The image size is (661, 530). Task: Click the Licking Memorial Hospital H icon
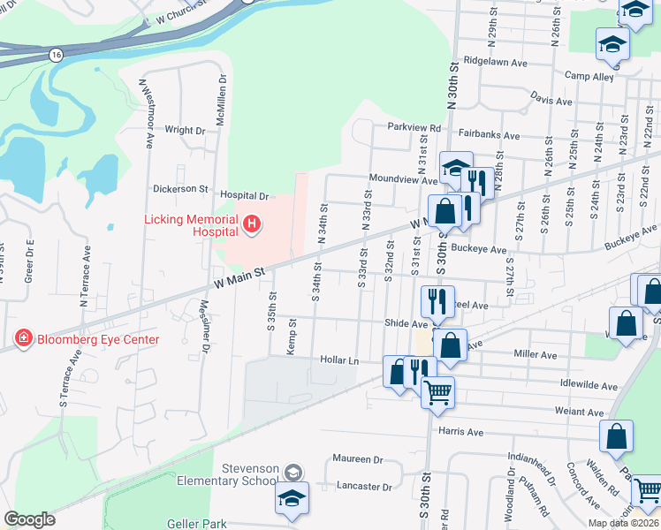point(252,225)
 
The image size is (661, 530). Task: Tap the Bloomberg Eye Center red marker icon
point(23,338)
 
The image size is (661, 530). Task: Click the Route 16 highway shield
point(57,55)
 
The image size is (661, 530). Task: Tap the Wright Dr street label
point(185,130)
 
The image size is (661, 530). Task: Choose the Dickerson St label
point(179,189)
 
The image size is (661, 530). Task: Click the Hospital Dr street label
point(244,195)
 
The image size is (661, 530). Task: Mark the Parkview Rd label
point(414,126)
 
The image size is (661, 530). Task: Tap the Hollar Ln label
point(340,360)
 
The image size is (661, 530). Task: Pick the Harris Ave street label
point(461,433)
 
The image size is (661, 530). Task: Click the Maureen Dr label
point(358,459)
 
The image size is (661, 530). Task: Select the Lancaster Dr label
point(364,487)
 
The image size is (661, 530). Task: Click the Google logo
point(30,519)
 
